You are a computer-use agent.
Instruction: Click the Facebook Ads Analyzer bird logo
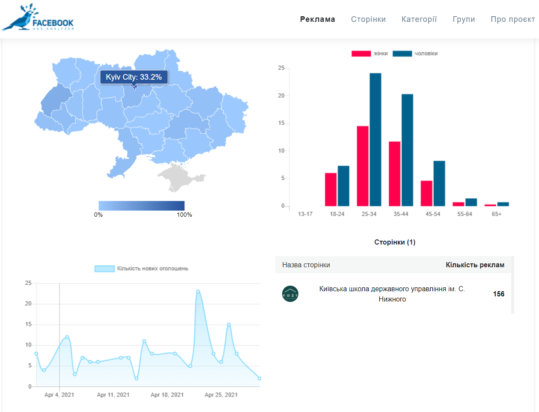[x=37, y=18]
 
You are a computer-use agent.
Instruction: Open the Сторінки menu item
[x=368, y=19]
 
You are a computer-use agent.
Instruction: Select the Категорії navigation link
[x=419, y=19]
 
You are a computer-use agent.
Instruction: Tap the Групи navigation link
[x=464, y=19]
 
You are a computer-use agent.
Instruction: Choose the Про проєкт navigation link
[x=513, y=19]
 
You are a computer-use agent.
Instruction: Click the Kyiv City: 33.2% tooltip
[x=134, y=77]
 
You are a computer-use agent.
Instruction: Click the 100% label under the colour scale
[x=184, y=215]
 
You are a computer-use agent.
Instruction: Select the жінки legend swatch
[x=361, y=54]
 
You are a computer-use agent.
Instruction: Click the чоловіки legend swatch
[x=402, y=54]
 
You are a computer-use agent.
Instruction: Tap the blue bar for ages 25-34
[x=375, y=140]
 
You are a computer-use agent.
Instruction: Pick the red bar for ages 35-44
[x=395, y=174]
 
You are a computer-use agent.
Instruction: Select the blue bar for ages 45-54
[x=439, y=183]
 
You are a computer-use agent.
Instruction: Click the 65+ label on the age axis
[x=497, y=214]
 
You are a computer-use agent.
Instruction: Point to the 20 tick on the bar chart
[x=281, y=96]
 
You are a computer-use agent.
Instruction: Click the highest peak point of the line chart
[x=198, y=292]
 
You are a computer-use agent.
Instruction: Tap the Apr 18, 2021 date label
[x=167, y=395]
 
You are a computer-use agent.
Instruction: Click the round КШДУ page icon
[x=290, y=294]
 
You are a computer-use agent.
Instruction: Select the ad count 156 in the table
[x=498, y=294]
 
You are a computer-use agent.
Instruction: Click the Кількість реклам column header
[x=475, y=265]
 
